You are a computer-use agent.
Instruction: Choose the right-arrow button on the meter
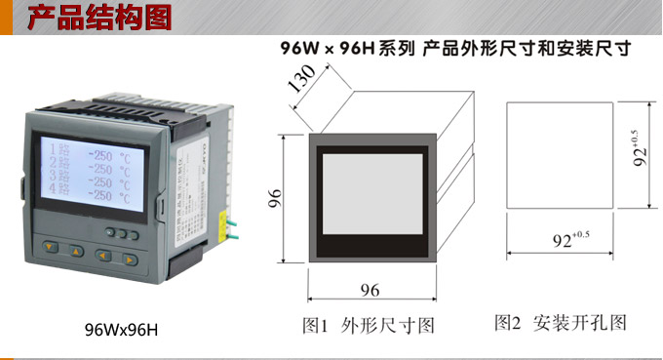tap(128, 259)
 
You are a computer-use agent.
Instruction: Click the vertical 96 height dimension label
tap(276, 200)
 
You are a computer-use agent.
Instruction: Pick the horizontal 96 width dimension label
tap(370, 291)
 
